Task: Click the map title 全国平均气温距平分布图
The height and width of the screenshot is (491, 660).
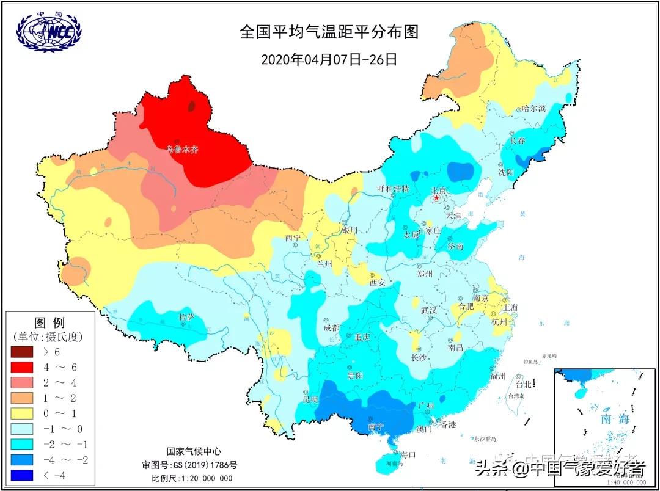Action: tap(329, 32)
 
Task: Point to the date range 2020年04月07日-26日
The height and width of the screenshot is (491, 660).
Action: tap(329, 59)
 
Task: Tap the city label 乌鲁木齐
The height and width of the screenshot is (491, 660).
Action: tap(183, 149)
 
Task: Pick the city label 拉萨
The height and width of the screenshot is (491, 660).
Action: tap(186, 316)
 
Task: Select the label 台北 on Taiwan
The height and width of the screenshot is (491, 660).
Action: tap(524, 385)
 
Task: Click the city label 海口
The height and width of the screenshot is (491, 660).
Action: tap(408, 454)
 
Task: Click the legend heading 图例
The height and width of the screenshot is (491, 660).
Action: tap(50, 322)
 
